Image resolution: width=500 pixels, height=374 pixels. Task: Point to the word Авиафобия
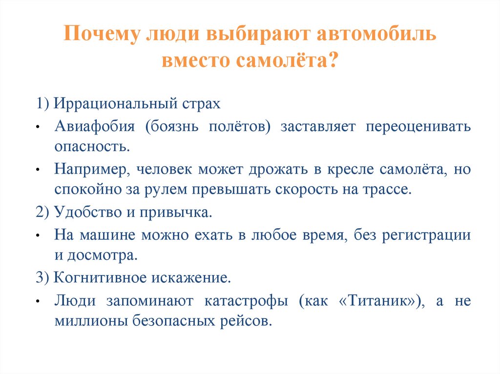click(x=94, y=127)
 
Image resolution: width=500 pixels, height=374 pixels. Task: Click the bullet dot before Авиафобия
click(x=38, y=127)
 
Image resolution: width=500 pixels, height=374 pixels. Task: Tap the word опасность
click(x=92, y=146)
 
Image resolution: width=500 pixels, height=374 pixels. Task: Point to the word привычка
click(x=182, y=213)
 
